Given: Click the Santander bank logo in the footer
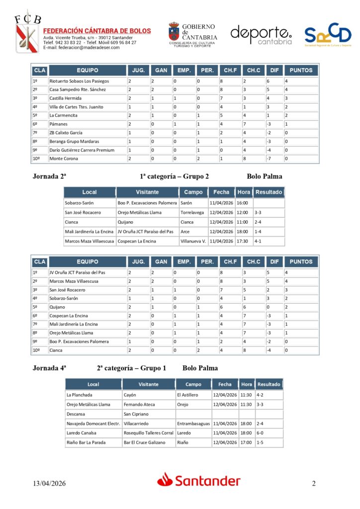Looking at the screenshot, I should (x=199, y=480).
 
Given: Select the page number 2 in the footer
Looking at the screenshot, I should (x=314, y=483).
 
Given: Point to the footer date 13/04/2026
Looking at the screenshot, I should (x=49, y=483).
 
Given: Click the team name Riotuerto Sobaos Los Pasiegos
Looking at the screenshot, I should (x=79, y=81).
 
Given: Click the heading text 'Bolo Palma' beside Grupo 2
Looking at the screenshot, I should (x=264, y=176).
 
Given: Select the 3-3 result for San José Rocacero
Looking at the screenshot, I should (x=258, y=213).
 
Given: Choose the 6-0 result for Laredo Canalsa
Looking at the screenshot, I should (x=261, y=433).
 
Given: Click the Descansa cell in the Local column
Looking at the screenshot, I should (x=76, y=414).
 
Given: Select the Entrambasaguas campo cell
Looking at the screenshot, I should (x=193, y=424).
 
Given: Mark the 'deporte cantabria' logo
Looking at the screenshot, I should (x=262, y=34).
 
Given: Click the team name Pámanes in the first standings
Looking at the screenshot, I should (x=58, y=124).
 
